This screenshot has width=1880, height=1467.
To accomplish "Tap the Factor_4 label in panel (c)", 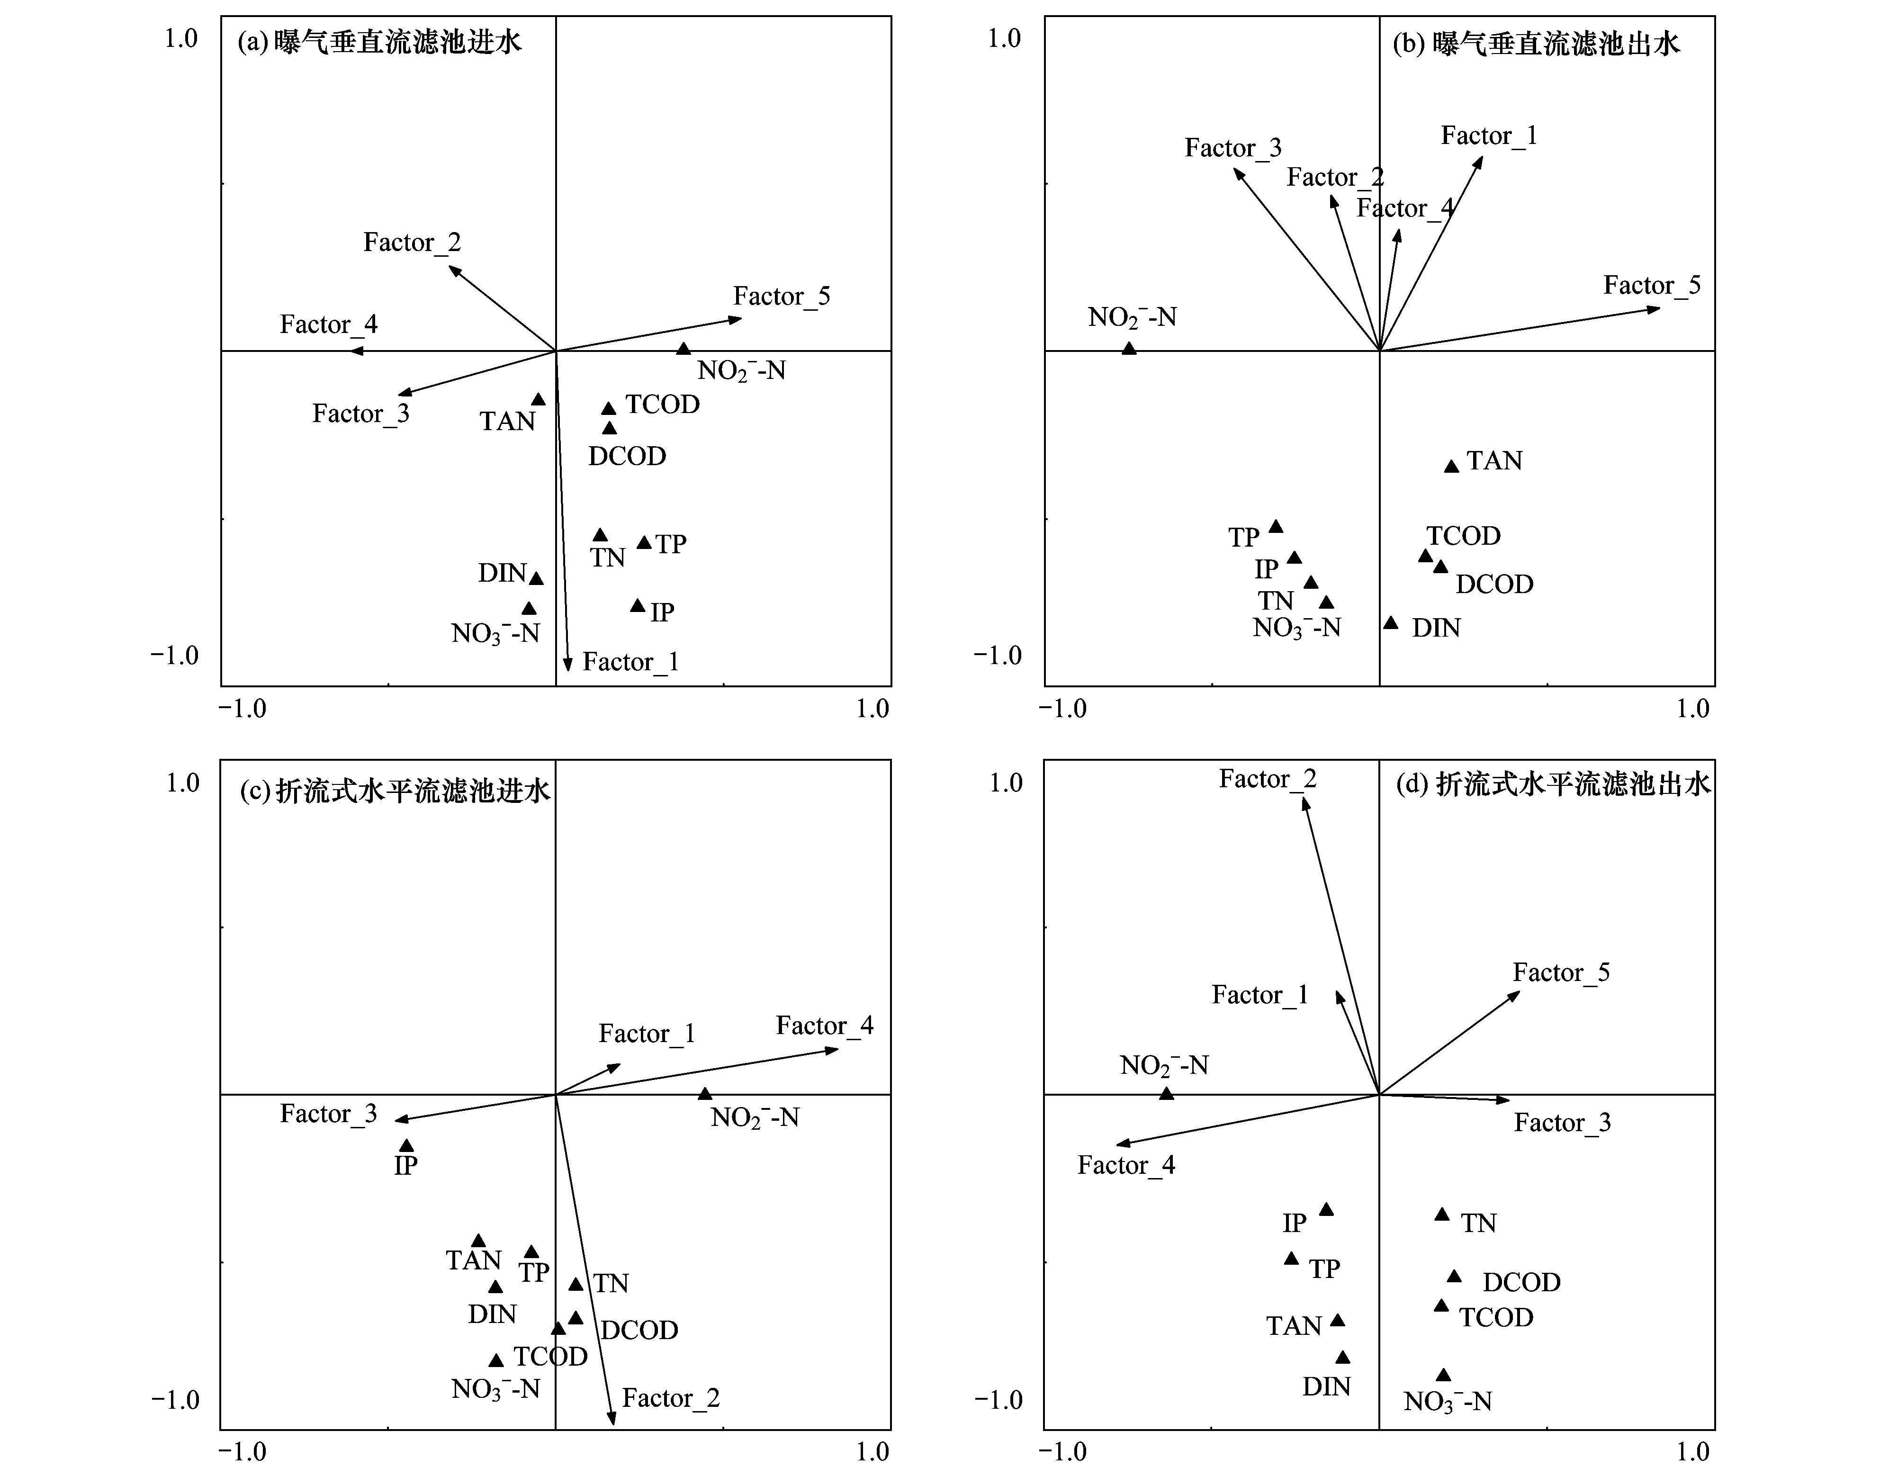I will (824, 1026).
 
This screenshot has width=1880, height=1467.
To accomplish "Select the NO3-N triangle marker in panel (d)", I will (1444, 1376).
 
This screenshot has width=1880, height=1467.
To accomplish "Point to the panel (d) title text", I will (1552, 784).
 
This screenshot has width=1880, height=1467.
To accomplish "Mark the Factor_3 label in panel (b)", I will (1232, 148).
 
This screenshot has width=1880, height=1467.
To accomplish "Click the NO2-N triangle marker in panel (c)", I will (705, 1093).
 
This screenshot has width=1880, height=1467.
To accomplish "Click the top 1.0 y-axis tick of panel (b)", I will (1003, 39).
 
